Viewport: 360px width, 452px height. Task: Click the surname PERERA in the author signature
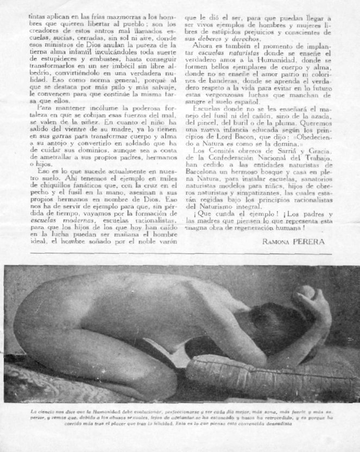[314, 242]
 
